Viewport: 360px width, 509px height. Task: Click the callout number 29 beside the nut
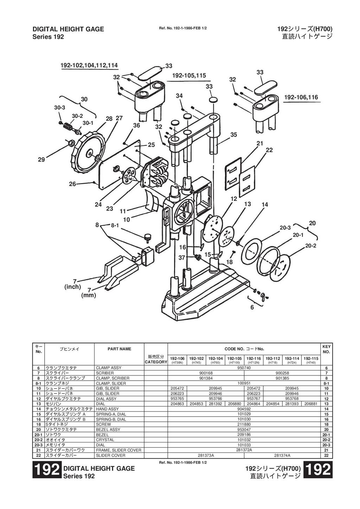pyautogui.click(x=41, y=160)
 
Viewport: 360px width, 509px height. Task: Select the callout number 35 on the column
pyautogui.click(x=234, y=135)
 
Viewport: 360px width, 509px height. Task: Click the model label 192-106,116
pyautogui.click(x=301, y=97)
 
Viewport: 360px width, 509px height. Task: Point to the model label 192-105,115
pyautogui.click(x=189, y=76)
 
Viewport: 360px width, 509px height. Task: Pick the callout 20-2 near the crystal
pyautogui.click(x=310, y=246)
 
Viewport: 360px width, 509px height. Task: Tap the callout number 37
pyautogui.click(x=182, y=258)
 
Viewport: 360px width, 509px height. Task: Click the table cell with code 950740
pyautogui.click(x=244, y=368)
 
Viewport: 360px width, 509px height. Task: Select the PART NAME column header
pyautogui.click(x=119, y=349)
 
